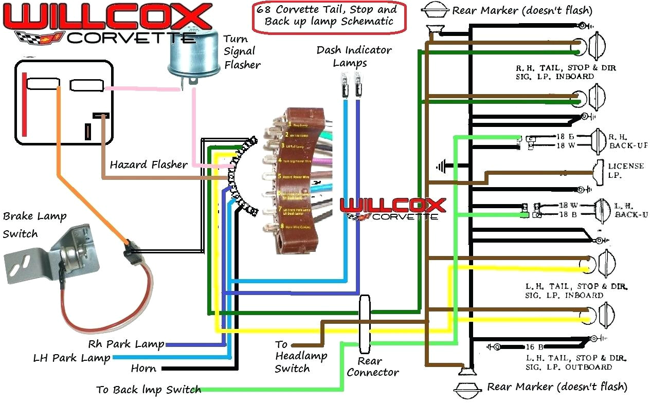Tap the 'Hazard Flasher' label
(149, 164)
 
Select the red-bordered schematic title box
(329, 15)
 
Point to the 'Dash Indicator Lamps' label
(354, 56)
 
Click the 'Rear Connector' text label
(372, 366)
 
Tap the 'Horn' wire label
(143, 369)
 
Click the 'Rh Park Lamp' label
(126, 344)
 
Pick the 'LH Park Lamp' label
(71, 357)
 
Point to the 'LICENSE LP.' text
(625, 171)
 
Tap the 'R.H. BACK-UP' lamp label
(627, 141)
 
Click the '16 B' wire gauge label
(535, 347)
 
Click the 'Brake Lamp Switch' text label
(34, 225)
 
